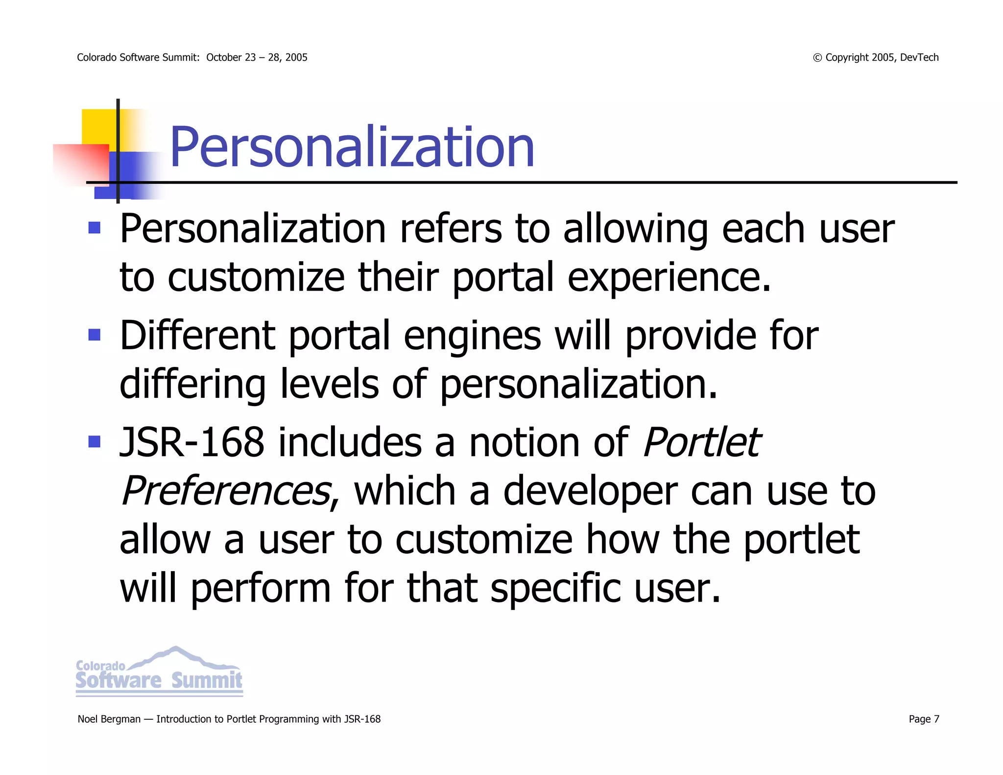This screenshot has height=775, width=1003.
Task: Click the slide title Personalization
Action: coord(352,147)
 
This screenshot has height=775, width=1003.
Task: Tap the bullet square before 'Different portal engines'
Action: coord(95,335)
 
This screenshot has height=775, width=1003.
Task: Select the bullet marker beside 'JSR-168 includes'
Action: coord(95,442)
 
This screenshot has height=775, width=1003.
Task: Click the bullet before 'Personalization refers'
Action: coord(95,228)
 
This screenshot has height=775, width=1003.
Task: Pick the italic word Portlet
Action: coord(701,442)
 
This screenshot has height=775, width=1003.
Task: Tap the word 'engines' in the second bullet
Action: coord(472,336)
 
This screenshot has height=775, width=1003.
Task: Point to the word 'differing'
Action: coord(192,385)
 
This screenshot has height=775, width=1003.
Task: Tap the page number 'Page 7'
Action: coord(924,719)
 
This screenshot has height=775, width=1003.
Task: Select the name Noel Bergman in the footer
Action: coord(109,719)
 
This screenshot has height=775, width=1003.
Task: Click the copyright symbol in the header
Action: coord(817,58)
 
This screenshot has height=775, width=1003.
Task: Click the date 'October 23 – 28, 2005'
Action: coord(257,57)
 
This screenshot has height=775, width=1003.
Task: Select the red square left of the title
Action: coord(81,164)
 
